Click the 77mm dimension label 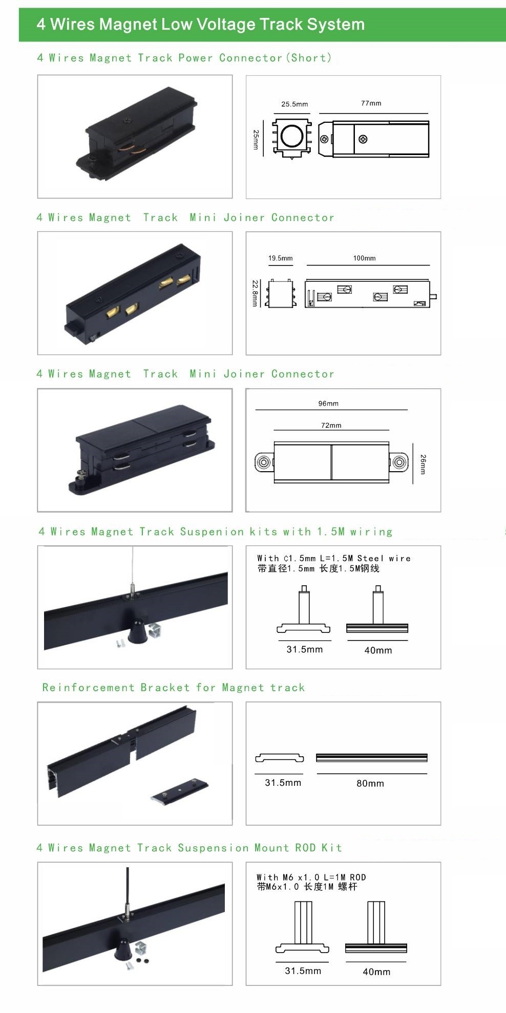(x=371, y=103)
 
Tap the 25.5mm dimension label (x=294, y=104)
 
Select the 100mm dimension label (x=364, y=258)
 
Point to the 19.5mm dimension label (x=281, y=258)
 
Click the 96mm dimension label (x=328, y=404)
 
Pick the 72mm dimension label (x=331, y=426)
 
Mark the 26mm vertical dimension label (x=423, y=464)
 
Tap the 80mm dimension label (x=370, y=783)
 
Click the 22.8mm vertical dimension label (x=255, y=293)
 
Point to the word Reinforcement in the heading (x=89, y=688)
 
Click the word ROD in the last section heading (x=306, y=848)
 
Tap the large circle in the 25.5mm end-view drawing (x=292, y=136)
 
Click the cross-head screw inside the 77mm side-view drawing (x=363, y=139)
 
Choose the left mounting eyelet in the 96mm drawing (x=263, y=463)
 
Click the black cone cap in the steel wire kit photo (x=138, y=631)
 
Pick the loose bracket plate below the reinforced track (x=180, y=791)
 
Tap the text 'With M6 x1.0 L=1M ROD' (x=311, y=877)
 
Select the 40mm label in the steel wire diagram (x=378, y=650)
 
